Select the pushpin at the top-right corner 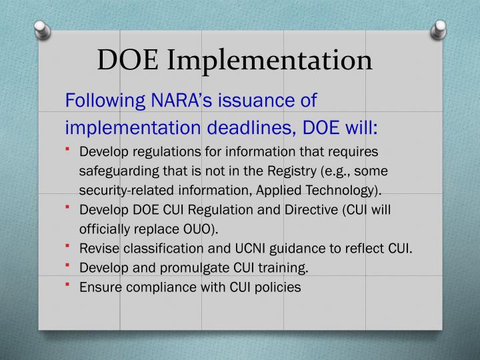(439, 29)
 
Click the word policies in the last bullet (277, 287)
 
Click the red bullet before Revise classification (69, 247)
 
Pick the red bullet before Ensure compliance (69, 285)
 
